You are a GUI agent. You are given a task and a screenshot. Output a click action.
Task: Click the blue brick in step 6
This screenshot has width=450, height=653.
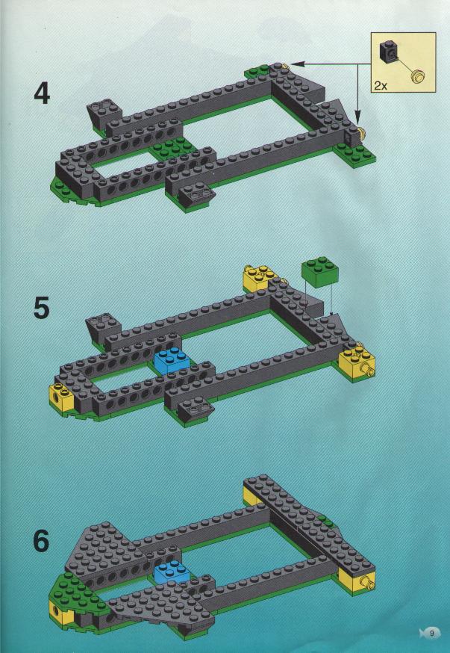[171, 573]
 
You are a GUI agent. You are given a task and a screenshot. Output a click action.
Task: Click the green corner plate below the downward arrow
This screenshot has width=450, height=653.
[355, 152]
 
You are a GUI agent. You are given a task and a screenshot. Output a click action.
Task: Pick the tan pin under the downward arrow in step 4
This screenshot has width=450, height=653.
[361, 134]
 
